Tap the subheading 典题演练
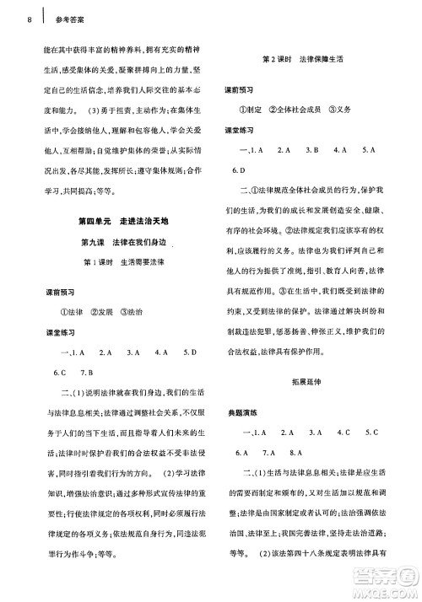(x=241, y=411)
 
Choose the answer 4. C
(x=343, y=433)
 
